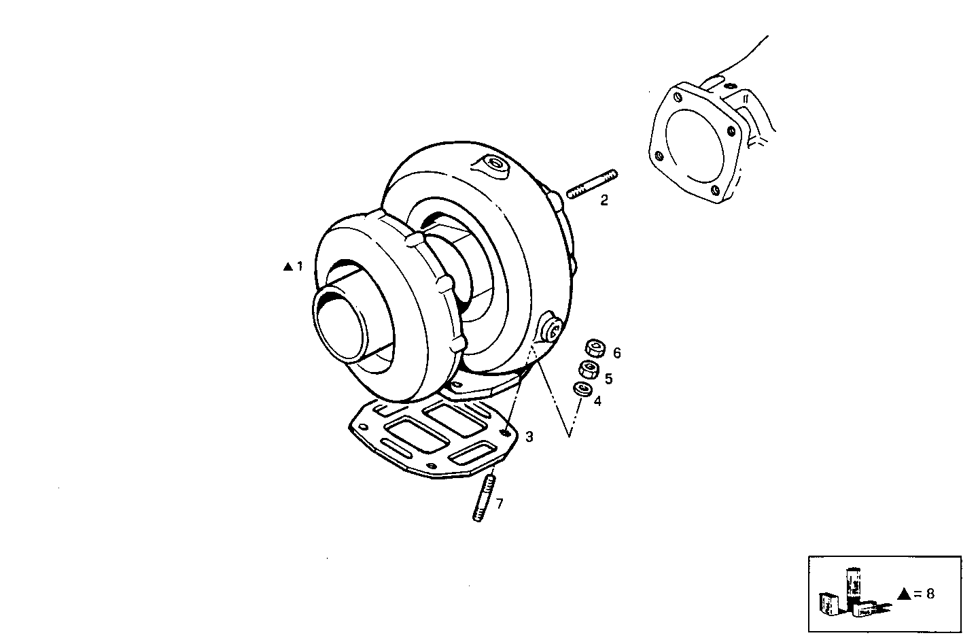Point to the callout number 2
click(x=604, y=201)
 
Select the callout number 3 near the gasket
click(x=529, y=437)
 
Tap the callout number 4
click(x=597, y=401)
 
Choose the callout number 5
click(x=608, y=378)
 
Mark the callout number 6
click(x=616, y=353)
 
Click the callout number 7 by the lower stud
click(x=500, y=504)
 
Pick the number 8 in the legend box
click(x=930, y=594)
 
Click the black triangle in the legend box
click(x=903, y=594)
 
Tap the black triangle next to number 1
click(x=287, y=267)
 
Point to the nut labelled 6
click(x=595, y=348)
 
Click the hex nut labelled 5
click(x=588, y=370)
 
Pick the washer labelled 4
click(x=582, y=390)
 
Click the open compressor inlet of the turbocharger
click(x=340, y=325)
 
